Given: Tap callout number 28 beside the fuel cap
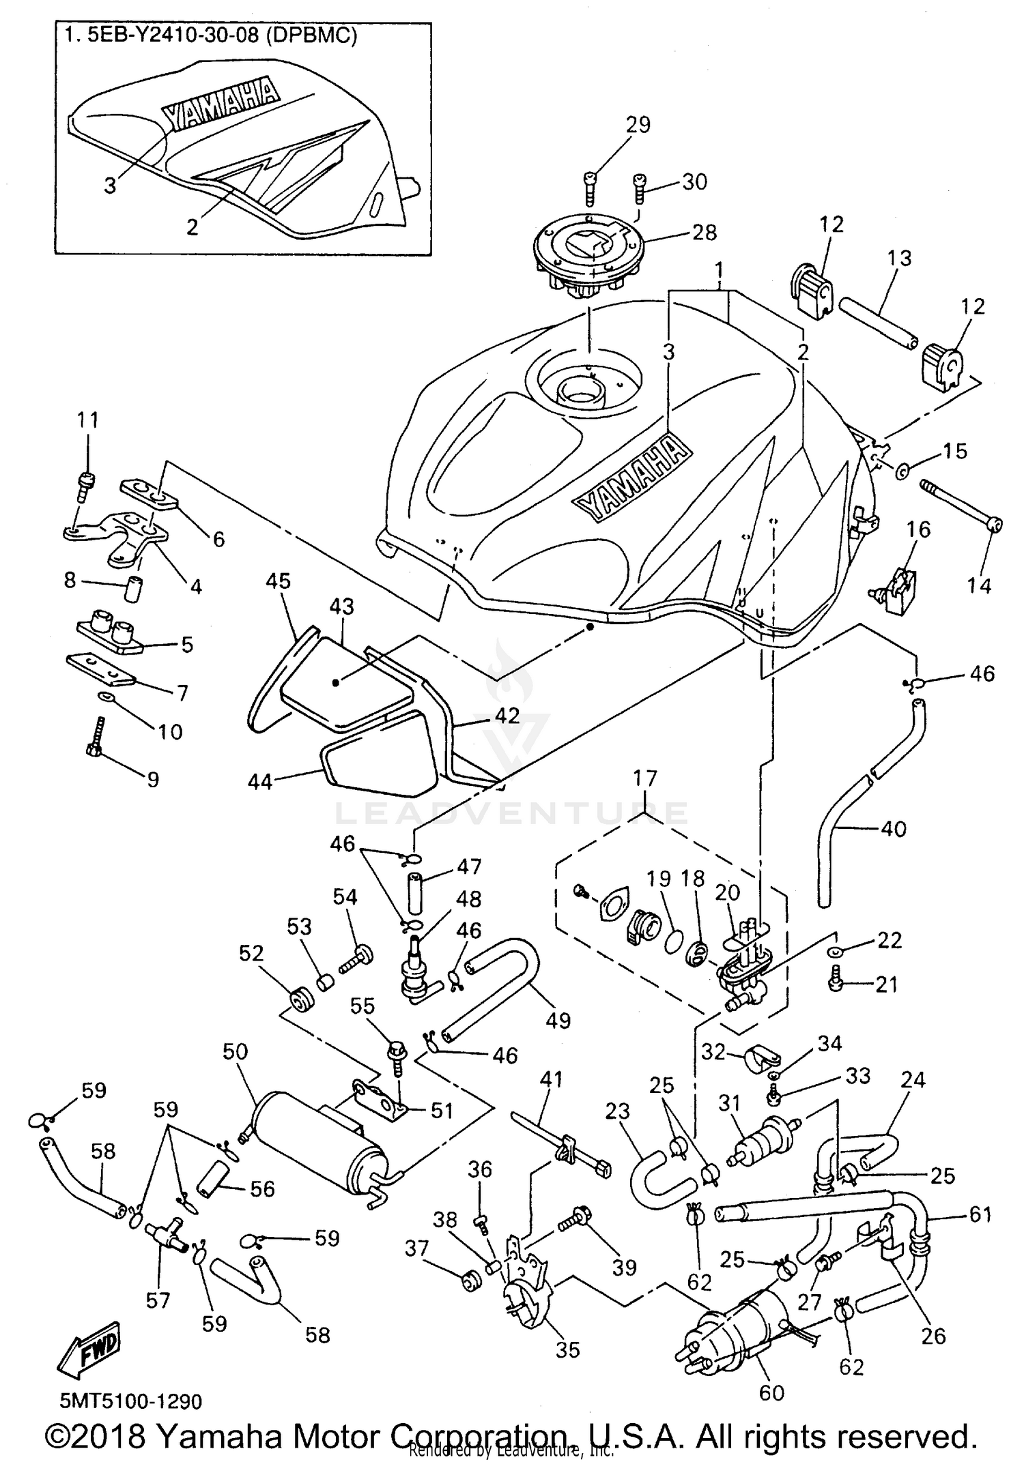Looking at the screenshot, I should click(x=704, y=233).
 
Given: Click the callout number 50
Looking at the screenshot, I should click(x=236, y=1051).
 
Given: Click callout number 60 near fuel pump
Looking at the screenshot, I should click(x=771, y=1392).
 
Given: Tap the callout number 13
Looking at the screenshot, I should click(x=899, y=258).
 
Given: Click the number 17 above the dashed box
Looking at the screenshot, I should click(x=645, y=778).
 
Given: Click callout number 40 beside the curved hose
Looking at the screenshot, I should click(x=894, y=829).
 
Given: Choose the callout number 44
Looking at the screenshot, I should click(x=260, y=781).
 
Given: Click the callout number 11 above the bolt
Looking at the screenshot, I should click(x=87, y=420).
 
